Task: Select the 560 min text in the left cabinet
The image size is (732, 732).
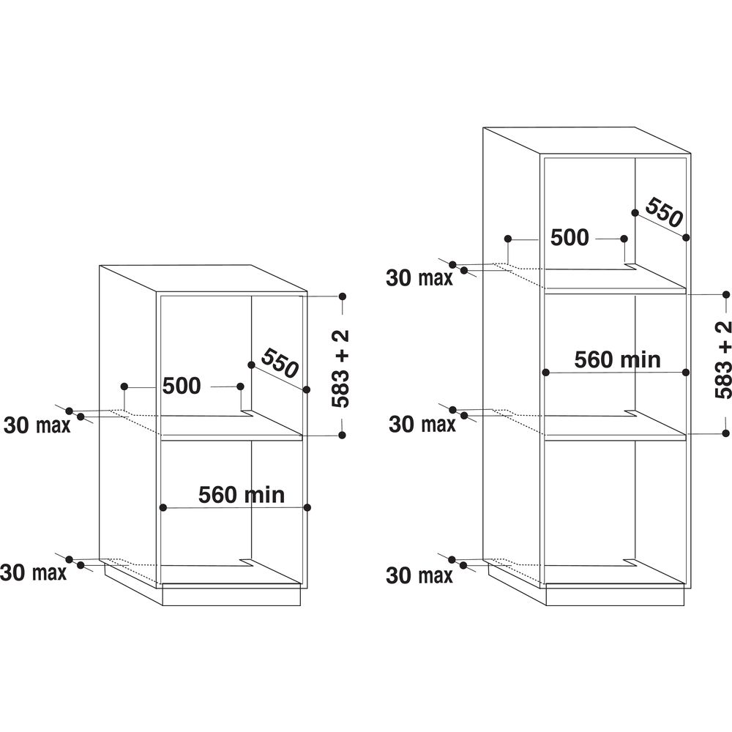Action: pos(241,495)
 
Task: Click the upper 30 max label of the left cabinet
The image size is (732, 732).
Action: pos(37,425)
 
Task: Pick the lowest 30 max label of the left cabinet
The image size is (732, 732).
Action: pos(34,572)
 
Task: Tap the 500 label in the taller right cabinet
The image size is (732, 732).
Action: pos(569,237)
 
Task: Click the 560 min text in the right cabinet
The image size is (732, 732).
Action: pos(617,359)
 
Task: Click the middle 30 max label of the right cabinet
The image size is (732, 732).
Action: pos(422,424)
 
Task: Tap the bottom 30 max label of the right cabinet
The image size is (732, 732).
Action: pos(419,576)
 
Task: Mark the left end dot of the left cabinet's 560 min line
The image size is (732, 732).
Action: pos(163,507)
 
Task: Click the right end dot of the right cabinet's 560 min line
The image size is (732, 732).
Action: pos(686,372)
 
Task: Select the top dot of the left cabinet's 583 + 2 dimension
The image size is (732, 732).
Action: pos(342,296)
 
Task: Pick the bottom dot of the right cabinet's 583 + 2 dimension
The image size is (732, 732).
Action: pos(725,434)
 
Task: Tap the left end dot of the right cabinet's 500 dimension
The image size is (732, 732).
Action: pos(507,239)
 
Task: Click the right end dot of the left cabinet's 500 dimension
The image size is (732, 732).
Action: pos(240,386)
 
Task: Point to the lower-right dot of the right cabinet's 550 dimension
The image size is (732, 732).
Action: pos(686,237)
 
